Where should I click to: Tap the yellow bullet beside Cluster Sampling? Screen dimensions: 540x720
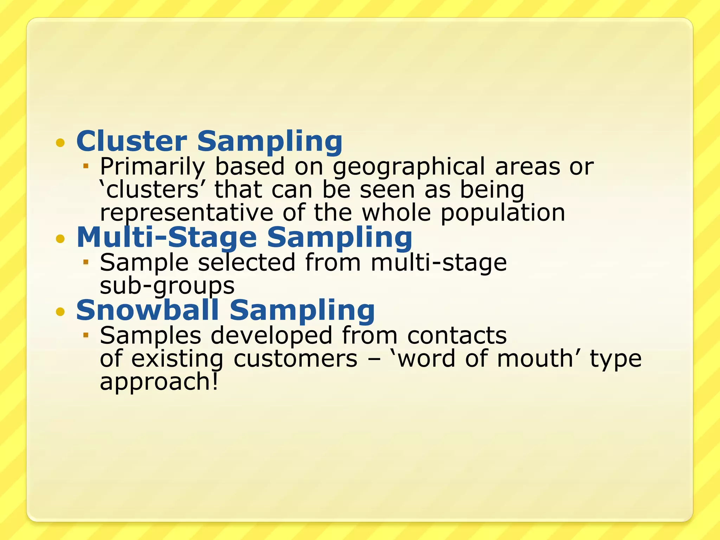click(60, 143)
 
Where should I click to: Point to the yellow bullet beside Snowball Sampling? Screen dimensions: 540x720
click(60, 311)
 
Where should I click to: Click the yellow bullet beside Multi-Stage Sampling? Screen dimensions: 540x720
click(60, 239)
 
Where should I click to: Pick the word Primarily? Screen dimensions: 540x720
click(152, 167)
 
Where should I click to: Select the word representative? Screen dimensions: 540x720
click(186, 213)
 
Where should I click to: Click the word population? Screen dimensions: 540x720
click(503, 213)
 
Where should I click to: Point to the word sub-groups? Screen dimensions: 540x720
click(167, 286)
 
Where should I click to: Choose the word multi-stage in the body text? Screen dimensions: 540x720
click(439, 263)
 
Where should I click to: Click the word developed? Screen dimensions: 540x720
click(271, 335)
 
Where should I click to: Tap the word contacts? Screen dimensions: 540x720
click(457, 335)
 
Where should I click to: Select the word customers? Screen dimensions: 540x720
click(295, 359)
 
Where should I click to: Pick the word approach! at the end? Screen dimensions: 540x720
click(159, 382)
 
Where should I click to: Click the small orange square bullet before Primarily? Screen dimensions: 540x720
click(85, 165)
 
